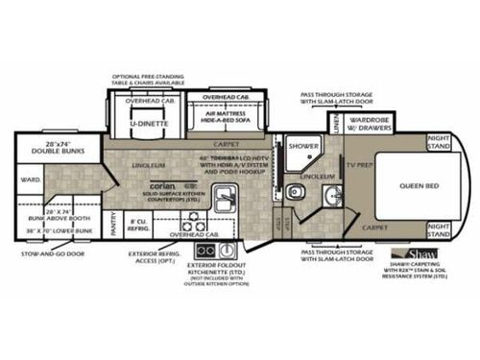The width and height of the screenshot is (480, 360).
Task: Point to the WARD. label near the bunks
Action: (x=32, y=179)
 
